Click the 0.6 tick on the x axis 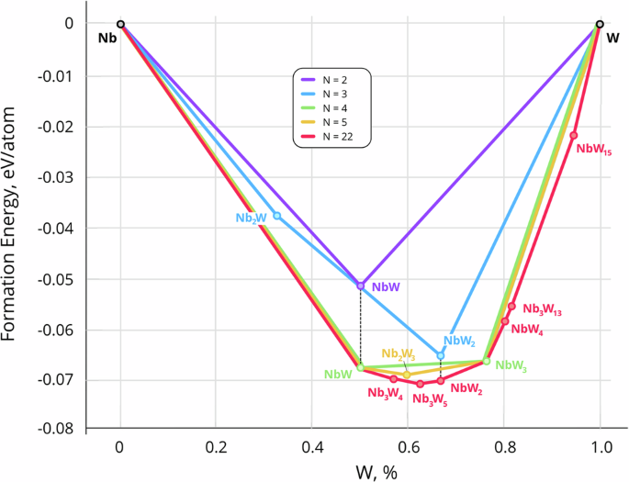(408, 449)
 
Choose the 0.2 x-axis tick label (216, 449)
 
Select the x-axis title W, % (359, 469)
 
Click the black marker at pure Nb (120, 25)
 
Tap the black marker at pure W (600, 25)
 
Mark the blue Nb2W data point (277, 216)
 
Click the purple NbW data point (361, 286)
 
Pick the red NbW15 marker (574, 136)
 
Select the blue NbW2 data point (440, 355)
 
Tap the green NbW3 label (511, 365)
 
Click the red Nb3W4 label (386, 393)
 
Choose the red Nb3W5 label (431, 398)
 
